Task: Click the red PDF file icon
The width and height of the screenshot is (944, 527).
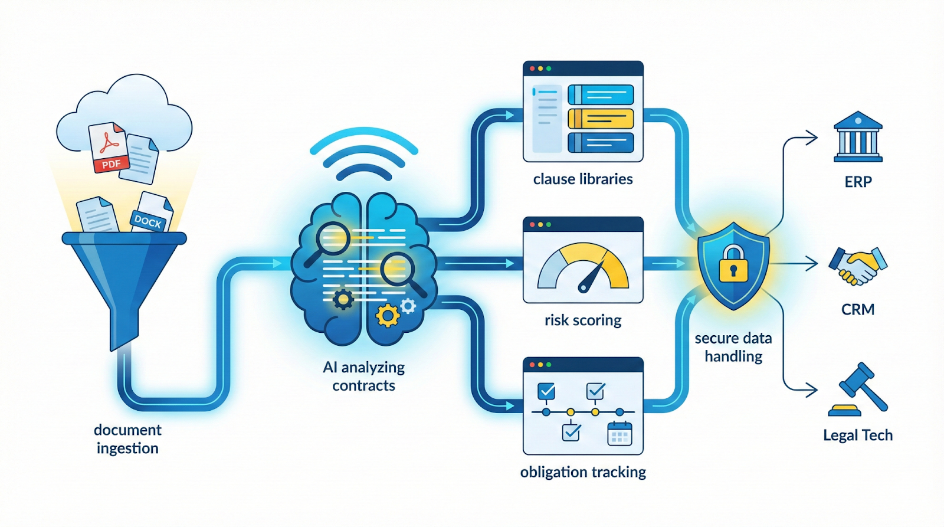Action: click(108, 148)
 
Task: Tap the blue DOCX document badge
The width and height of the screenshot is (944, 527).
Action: click(148, 221)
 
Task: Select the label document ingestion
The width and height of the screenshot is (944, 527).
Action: click(127, 438)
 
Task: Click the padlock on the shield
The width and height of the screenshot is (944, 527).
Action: click(733, 264)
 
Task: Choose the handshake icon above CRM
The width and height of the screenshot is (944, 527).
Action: click(857, 266)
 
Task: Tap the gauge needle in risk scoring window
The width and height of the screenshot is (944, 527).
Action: click(592, 277)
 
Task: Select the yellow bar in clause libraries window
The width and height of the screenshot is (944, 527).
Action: click(601, 119)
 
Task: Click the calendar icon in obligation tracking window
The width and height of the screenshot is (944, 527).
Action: click(619, 434)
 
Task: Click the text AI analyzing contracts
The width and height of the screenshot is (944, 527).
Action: click(363, 377)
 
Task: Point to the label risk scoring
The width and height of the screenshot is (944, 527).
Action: click(583, 320)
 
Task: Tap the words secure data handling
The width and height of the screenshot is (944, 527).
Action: click(733, 347)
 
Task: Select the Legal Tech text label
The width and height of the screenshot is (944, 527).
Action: click(858, 436)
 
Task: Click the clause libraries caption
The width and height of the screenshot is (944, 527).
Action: click(583, 179)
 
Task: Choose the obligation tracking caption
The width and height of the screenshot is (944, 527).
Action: click(583, 472)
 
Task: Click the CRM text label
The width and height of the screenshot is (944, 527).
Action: click(858, 309)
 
